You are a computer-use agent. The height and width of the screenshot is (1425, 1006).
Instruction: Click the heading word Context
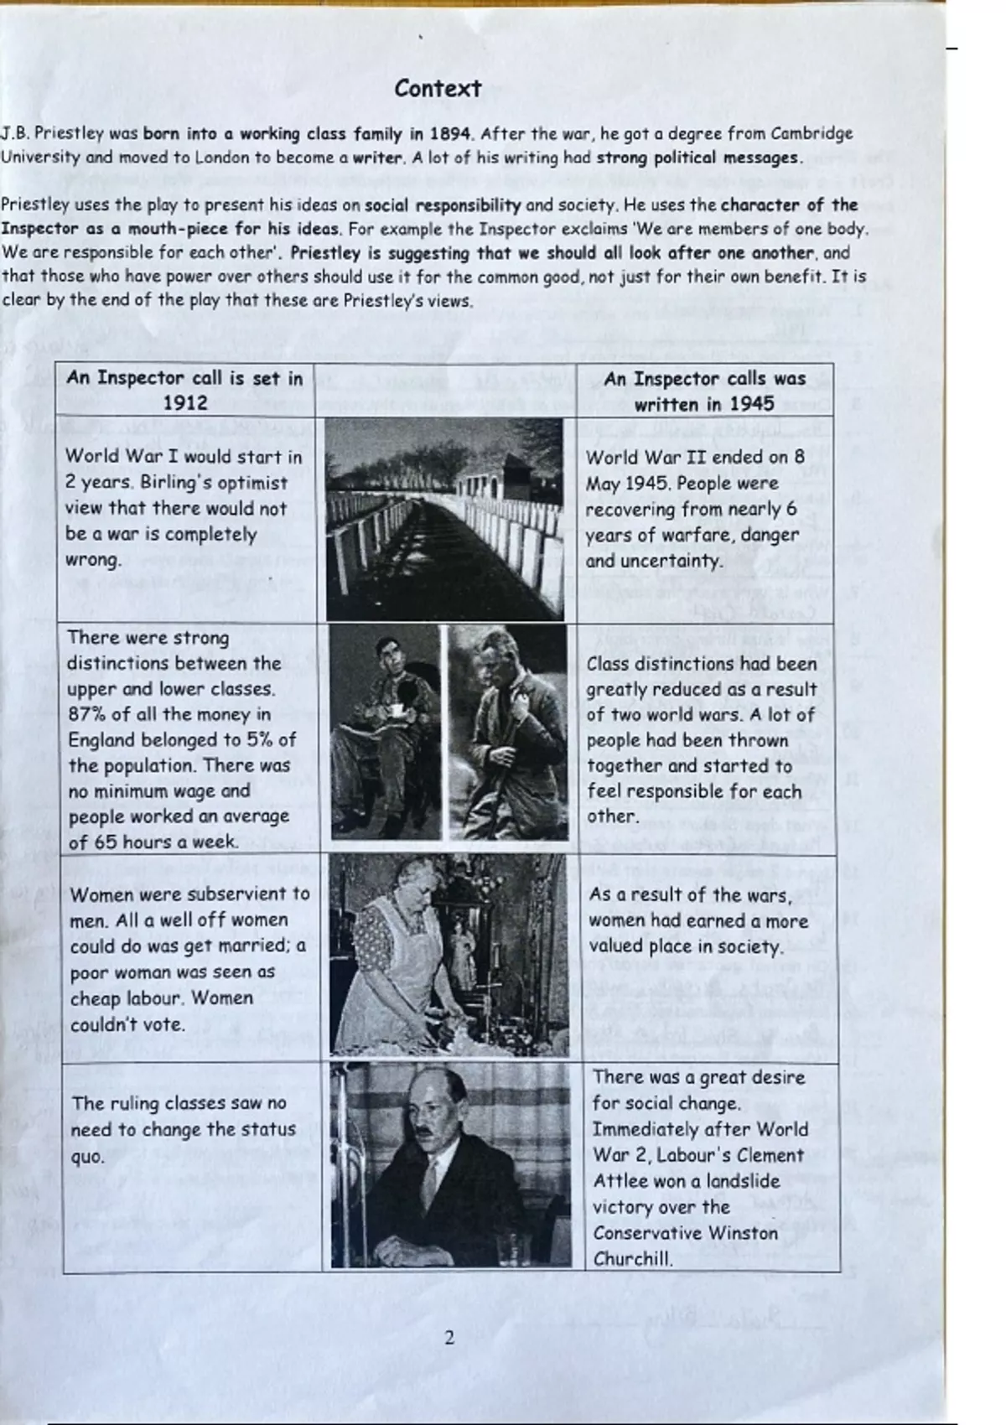click(x=438, y=89)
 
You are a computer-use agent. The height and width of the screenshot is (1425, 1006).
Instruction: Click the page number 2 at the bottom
click(x=449, y=1337)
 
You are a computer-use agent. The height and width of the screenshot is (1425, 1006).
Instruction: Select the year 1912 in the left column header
click(x=184, y=403)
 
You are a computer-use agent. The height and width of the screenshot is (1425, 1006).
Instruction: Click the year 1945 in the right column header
click(x=751, y=404)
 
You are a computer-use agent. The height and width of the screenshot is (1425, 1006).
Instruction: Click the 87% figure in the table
click(x=87, y=714)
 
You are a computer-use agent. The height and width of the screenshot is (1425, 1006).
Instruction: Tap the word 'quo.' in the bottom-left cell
click(x=88, y=1157)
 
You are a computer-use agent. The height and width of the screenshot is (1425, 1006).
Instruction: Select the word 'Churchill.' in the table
click(x=633, y=1258)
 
